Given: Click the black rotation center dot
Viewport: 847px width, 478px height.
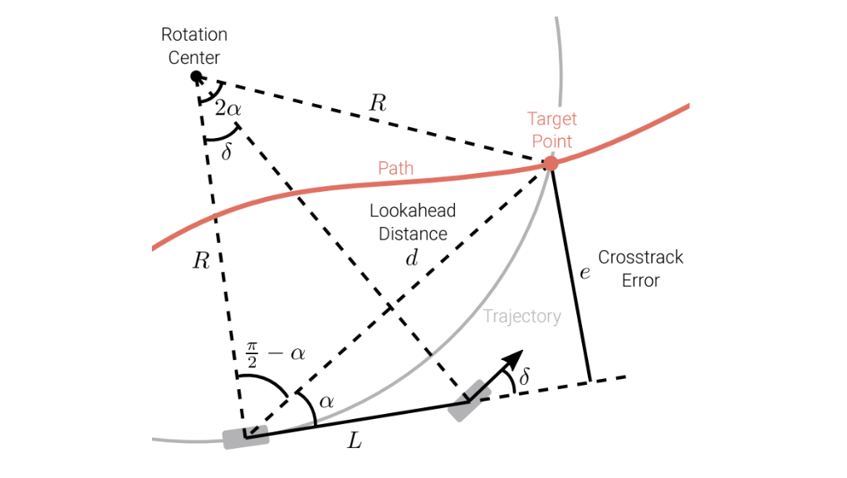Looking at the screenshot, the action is click(197, 76).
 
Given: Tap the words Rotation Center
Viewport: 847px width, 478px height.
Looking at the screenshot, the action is click(194, 46).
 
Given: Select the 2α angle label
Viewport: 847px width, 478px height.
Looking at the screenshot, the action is click(228, 108).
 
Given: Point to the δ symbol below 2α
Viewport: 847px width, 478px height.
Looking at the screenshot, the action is click(227, 151).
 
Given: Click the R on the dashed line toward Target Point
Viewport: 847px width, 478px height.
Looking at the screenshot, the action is click(378, 103).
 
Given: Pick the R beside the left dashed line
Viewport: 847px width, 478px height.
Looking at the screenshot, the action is click(201, 261).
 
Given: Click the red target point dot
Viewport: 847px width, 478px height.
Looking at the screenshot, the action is click(551, 163).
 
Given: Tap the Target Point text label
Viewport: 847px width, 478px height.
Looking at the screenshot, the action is click(552, 130).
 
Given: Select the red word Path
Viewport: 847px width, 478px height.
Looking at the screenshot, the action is click(396, 168).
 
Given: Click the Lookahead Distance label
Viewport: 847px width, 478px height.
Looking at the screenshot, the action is click(413, 222).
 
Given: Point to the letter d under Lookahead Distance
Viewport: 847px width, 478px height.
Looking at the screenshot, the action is click(412, 258).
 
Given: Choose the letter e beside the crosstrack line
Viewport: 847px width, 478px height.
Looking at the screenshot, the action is click(585, 273).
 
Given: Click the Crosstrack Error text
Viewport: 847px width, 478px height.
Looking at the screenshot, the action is click(641, 269).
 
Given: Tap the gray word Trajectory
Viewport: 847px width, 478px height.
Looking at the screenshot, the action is click(521, 317).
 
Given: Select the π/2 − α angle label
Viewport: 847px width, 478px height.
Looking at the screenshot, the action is click(276, 354).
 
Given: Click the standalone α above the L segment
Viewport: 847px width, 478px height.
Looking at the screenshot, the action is click(326, 402).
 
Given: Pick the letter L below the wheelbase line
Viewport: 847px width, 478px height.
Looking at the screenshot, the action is click(355, 441).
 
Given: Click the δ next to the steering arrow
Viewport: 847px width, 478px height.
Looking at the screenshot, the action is click(524, 376).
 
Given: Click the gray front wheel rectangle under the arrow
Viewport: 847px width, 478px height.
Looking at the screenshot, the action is click(469, 401).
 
